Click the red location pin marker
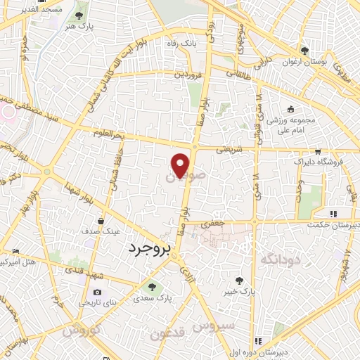tap(181, 165)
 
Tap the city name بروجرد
tap(150, 248)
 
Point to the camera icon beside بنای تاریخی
tap(97, 292)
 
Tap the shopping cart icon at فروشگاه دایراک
tap(318, 151)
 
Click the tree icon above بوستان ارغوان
tap(304, 51)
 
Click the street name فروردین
tap(189, 73)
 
